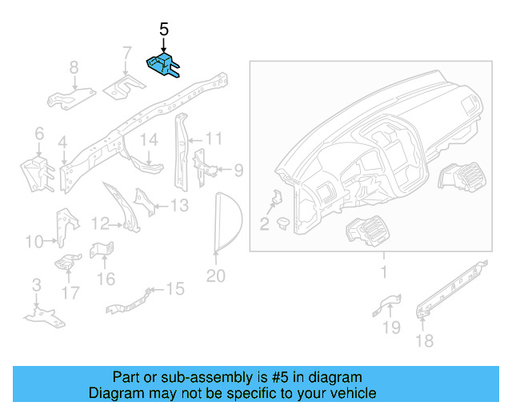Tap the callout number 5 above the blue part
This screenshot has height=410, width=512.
click(x=164, y=30)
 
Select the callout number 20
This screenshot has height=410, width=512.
click(x=216, y=276)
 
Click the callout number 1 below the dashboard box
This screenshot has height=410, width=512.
click(x=382, y=273)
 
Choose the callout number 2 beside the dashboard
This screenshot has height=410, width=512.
click(x=264, y=223)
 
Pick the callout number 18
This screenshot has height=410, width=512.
click(x=424, y=341)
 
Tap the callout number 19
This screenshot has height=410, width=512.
click(x=391, y=326)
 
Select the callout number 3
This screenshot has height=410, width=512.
click(x=36, y=285)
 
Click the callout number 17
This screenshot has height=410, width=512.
click(x=70, y=293)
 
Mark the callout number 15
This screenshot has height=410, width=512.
click(x=174, y=287)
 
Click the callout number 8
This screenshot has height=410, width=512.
click(x=73, y=68)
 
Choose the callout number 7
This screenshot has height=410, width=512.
click(x=126, y=54)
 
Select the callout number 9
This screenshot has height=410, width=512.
click(x=238, y=170)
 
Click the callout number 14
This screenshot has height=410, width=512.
click(x=150, y=141)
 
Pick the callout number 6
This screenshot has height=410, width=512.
click(x=38, y=133)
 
